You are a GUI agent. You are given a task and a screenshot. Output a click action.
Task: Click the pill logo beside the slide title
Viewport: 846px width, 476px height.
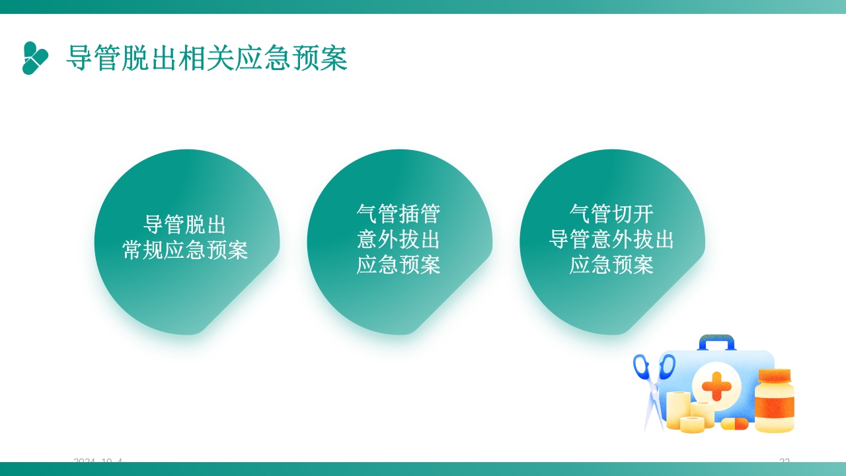tap(36, 58)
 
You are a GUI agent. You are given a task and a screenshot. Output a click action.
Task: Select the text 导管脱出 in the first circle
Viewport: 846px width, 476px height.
tap(186, 225)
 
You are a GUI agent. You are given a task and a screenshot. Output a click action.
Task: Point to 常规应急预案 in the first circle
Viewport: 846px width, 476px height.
tap(186, 251)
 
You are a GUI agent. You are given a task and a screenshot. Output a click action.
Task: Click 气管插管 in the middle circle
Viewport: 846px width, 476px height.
tap(399, 214)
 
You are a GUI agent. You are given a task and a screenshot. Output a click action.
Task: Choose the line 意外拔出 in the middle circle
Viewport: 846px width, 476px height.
tap(399, 239)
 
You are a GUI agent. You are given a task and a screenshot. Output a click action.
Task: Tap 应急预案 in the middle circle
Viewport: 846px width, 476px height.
tap(399, 265)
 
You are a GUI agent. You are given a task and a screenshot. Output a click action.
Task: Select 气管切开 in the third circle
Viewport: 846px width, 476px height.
tap(611, 214)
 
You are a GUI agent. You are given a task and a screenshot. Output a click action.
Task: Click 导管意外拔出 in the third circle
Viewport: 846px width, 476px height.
tap(611, 239)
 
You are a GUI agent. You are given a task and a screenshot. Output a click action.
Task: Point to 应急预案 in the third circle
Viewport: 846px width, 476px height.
tap(611, 265)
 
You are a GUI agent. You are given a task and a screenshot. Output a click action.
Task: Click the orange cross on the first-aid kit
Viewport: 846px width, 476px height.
tap(716, 385)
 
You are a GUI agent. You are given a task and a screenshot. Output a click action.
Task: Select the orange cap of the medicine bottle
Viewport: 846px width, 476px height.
tap(775, 376)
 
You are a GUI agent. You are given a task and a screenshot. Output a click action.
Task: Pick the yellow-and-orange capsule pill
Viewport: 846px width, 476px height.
tap(734, 423)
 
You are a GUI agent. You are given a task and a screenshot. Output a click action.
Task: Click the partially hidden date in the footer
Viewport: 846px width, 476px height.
tap(98, 460)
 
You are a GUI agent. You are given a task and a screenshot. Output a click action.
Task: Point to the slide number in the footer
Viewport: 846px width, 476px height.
tap(785, 460)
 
